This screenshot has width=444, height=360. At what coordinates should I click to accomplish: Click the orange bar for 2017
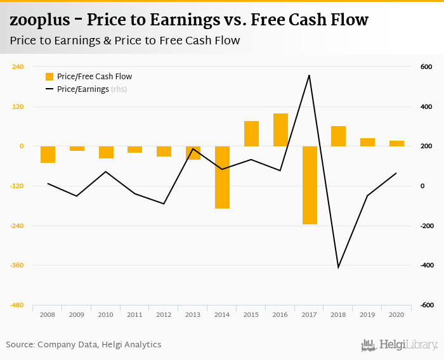[310, 185]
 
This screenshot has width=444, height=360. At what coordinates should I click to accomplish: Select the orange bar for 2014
[222, 177]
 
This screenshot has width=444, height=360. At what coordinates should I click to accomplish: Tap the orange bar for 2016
[280, 130]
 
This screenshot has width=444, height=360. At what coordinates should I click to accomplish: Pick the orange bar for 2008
[48, 154]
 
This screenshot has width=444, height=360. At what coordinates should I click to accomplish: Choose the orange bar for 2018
[338, 136]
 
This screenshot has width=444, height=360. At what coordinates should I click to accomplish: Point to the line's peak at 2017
[309, 75]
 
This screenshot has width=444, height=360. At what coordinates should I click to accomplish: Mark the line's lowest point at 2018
[338, 267]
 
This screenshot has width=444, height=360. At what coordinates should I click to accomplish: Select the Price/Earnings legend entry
[83, 89]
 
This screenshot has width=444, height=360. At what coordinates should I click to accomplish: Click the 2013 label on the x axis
[193, 314]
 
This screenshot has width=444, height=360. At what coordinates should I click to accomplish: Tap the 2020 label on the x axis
[396, 314]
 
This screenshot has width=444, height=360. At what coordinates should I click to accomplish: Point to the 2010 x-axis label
[105, 314]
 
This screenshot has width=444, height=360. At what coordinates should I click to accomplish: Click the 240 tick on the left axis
[17, 67]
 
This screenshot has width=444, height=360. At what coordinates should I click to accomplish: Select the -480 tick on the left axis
[16, 305]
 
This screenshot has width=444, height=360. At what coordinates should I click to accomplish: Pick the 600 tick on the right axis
[426, 67]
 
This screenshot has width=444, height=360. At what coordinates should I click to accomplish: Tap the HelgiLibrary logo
[399, 345]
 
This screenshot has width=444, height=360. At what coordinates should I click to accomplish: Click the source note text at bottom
[84, 345]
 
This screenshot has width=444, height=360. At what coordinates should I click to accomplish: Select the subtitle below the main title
[125, 41]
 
